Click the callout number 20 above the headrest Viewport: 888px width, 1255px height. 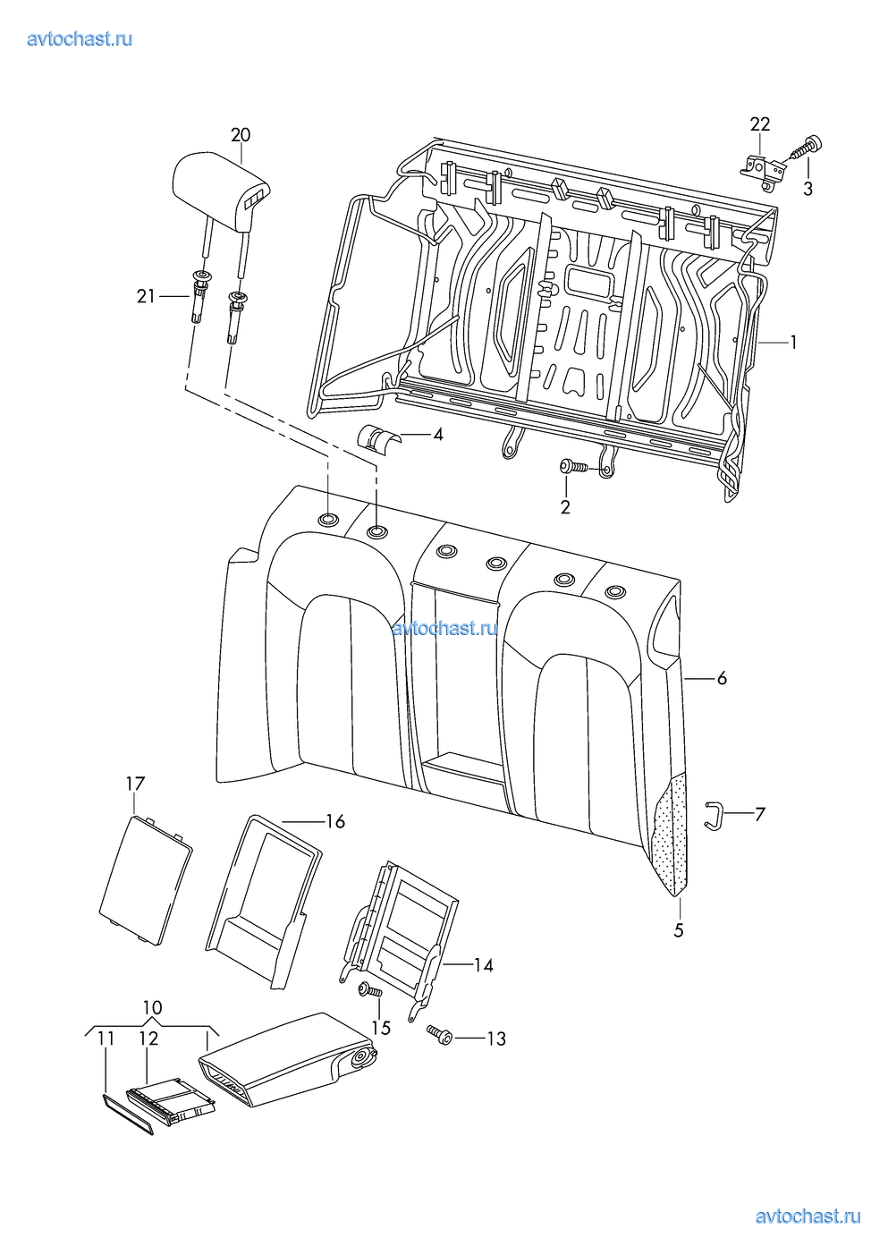click(x=241, y=135)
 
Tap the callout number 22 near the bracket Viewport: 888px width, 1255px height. click(x=760, y=123)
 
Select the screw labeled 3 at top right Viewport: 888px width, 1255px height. click(x=807, y=148)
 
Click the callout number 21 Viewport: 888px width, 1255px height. click(x=146, y=296)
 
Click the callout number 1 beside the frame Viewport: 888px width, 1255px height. click(x=792, y=342)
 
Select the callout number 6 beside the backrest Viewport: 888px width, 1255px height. click(x=722, y=678)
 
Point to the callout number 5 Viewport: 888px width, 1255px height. click(x=679, y=930)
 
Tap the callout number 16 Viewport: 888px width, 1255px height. click(x=335, y=822)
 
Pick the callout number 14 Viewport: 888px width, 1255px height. click(x=484, y=965)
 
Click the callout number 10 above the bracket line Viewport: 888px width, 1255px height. click(x=152, y=1008)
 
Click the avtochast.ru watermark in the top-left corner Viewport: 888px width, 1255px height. click(x=80, y=38)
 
